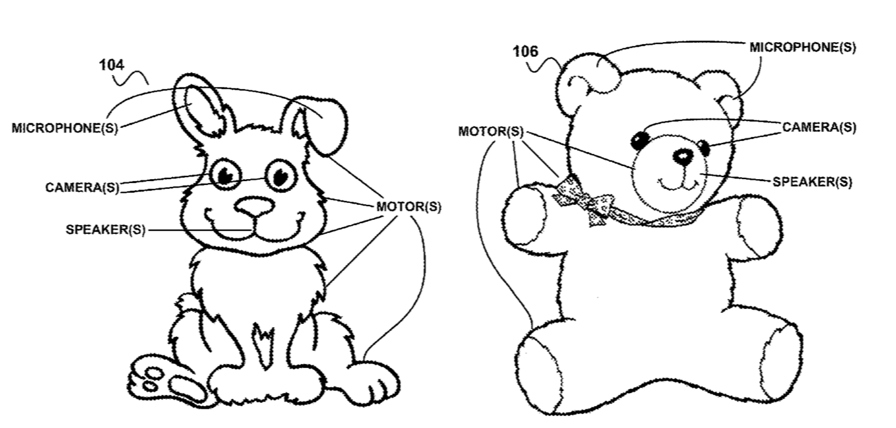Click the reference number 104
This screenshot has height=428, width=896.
[112, 65]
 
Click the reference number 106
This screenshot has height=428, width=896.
[525, 51]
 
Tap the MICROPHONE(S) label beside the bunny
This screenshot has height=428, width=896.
[65, 128]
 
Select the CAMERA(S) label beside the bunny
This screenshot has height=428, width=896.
[82, 187]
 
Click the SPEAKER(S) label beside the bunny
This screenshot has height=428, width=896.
[105, 230]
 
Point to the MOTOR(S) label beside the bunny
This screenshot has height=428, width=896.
[409, 207]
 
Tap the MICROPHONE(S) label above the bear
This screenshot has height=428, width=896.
[803, 47]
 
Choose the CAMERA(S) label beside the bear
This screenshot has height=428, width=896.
[819, 127]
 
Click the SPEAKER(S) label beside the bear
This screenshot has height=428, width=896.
[813, 182]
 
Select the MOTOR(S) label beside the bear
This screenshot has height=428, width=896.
[491, 131]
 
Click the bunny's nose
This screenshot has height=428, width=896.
[255, 206]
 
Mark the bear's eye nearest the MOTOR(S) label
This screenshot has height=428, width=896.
[641, 141]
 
